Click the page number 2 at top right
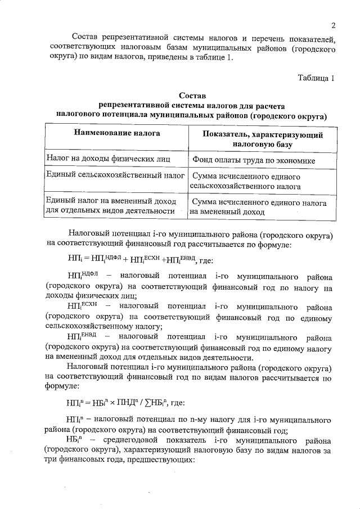333,25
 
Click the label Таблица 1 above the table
316,78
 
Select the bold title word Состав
193,96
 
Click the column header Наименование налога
116,133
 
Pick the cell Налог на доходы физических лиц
100,159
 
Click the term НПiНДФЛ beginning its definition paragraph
82,276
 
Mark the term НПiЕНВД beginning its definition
82,336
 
